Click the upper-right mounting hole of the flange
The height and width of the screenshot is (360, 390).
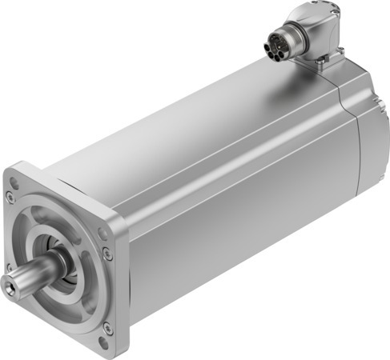102,233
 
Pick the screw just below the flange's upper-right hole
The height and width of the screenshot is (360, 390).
107,254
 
